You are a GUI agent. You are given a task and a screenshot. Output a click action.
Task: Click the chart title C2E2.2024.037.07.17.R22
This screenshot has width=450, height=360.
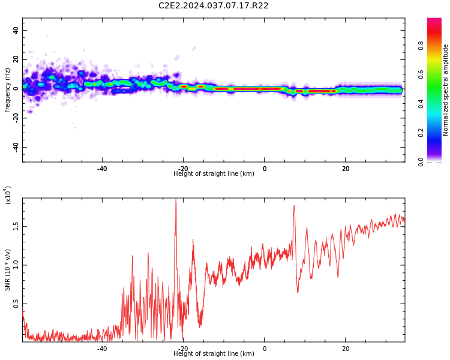[214, 6]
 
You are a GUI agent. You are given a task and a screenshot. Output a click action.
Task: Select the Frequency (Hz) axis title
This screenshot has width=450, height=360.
[8, 90]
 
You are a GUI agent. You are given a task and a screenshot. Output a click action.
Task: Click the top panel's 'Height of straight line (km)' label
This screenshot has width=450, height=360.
[214, 174]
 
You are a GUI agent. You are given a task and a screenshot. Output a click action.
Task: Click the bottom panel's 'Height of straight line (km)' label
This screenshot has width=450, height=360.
[214, 354]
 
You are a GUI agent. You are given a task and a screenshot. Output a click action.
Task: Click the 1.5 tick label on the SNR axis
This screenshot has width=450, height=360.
[16, 226]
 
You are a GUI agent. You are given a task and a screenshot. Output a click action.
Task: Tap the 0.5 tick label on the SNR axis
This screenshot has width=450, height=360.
[16, 304]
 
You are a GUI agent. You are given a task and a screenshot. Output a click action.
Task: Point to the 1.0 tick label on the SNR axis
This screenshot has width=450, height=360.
[16, 265]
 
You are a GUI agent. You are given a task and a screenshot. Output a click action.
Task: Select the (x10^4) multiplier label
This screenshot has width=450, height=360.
[8, 196]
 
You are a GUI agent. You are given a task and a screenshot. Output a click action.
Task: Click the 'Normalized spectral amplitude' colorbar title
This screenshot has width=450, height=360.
[446, 90]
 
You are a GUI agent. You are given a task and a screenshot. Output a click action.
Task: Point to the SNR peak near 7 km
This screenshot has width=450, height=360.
[294, 206]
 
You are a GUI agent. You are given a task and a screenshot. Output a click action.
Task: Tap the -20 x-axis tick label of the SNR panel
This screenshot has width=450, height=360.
[183, 349]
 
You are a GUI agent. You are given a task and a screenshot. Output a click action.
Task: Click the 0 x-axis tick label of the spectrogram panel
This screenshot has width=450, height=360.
[264, 169]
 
